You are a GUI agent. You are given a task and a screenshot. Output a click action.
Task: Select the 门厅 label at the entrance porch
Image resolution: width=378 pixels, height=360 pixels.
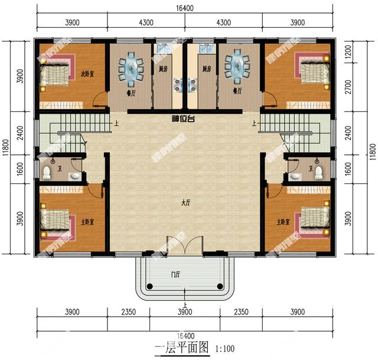coord(176,274)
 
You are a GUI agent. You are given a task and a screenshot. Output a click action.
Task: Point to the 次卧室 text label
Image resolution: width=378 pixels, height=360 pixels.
coord(87,74)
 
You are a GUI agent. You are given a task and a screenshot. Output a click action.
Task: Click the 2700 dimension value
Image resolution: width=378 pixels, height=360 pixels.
coord(356,87)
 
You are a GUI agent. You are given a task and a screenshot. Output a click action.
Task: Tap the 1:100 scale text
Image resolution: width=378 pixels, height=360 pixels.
coord(225,349)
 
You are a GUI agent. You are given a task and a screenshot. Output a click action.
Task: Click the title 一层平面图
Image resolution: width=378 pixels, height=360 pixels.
coord(181,348)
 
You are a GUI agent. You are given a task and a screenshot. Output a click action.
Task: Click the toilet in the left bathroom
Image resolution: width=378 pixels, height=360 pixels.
coord(47,172)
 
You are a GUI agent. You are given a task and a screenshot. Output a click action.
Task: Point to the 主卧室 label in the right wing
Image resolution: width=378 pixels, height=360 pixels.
coord(284,222)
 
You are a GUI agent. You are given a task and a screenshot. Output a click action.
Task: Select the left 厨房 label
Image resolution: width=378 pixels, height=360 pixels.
coord(162,69)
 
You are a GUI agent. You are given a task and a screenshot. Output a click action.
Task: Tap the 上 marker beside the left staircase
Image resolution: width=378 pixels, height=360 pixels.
coord(116,124)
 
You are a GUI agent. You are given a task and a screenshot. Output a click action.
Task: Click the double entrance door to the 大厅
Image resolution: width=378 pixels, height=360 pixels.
coord(177,244)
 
